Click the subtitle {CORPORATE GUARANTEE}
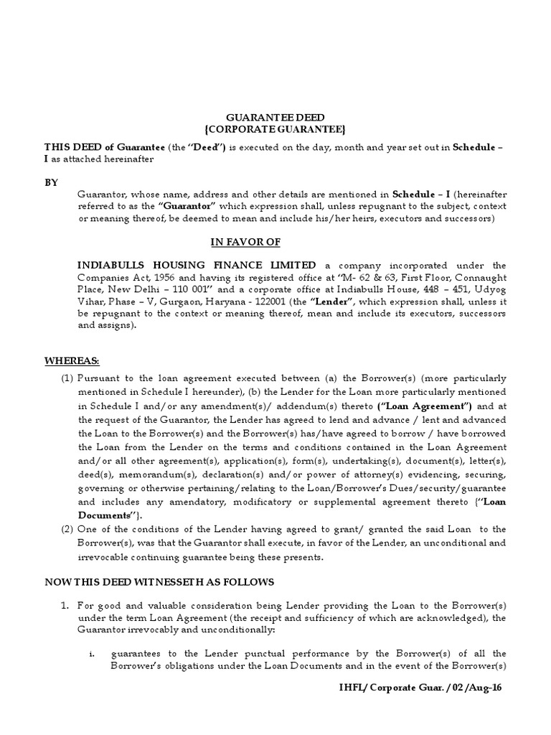(x=275, y=129)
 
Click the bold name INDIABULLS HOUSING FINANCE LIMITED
(x=197, y=265)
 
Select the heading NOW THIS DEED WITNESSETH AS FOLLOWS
(x=159, y=581)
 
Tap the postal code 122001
(x=292, y=301)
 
